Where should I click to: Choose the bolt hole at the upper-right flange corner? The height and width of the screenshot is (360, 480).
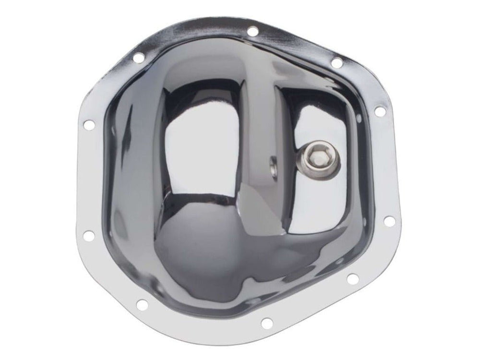pos(336,62)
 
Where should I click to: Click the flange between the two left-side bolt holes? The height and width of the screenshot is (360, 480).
pos(86,180)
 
